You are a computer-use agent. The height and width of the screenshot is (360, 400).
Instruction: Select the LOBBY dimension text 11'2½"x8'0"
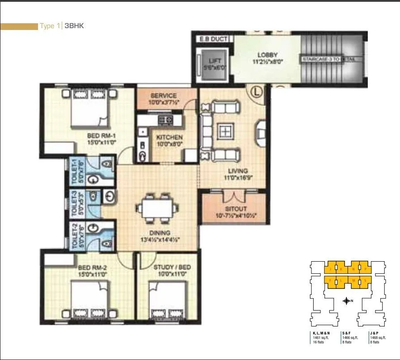click(x=267, y=61)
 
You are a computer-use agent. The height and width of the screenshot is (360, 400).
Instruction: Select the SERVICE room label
click(x=163, y=95)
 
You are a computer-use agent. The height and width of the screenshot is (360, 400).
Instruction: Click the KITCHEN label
click(x=168, y=137)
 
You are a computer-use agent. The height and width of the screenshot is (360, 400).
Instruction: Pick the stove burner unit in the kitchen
click(x=166, y=119)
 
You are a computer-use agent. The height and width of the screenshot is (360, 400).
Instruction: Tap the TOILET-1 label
click(x=74, y=170)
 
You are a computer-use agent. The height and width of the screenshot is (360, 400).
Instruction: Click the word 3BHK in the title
click(x=74, y=26)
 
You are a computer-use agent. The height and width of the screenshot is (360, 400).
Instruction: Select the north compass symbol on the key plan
click(x=346, y=301)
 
